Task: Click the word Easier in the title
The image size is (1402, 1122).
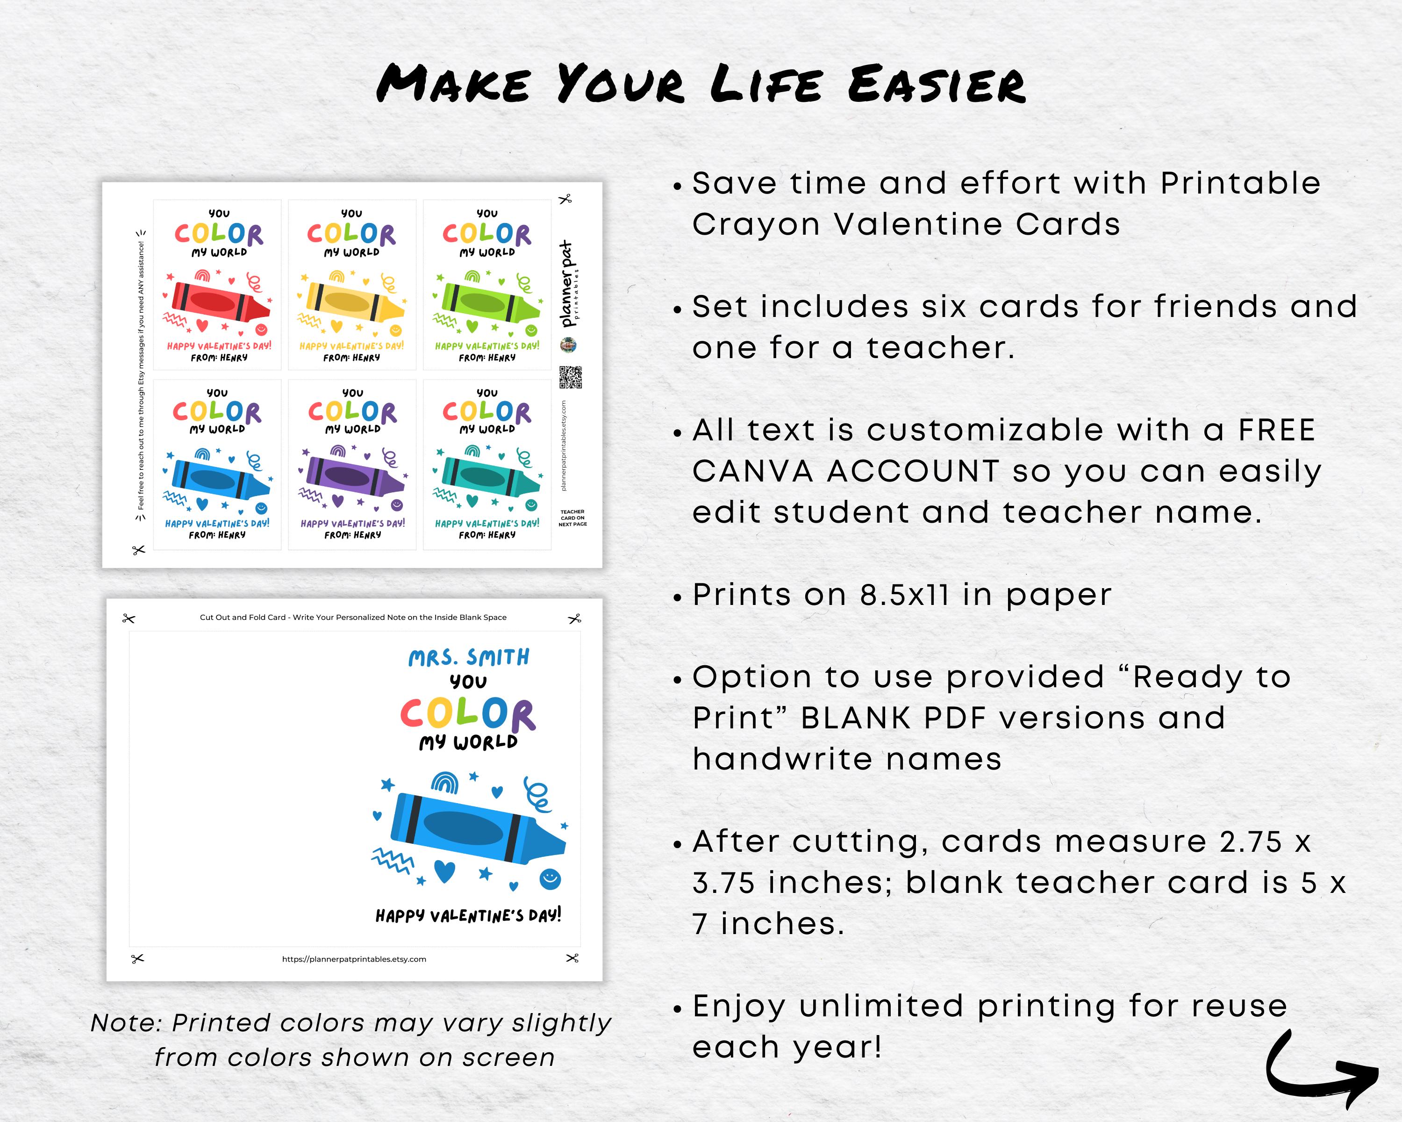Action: click(x=937, y=85)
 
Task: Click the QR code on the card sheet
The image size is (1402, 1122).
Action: click(x=570, y=377)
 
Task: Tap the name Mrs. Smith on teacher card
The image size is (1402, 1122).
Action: click(x=469, y=658)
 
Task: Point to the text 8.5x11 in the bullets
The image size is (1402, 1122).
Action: click(x=904, y=595)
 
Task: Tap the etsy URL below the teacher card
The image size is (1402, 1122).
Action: click(x=354, y=959)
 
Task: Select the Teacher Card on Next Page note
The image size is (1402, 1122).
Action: click(x=572, y=518)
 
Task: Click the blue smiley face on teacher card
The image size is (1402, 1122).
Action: click(x=550, y=879)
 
